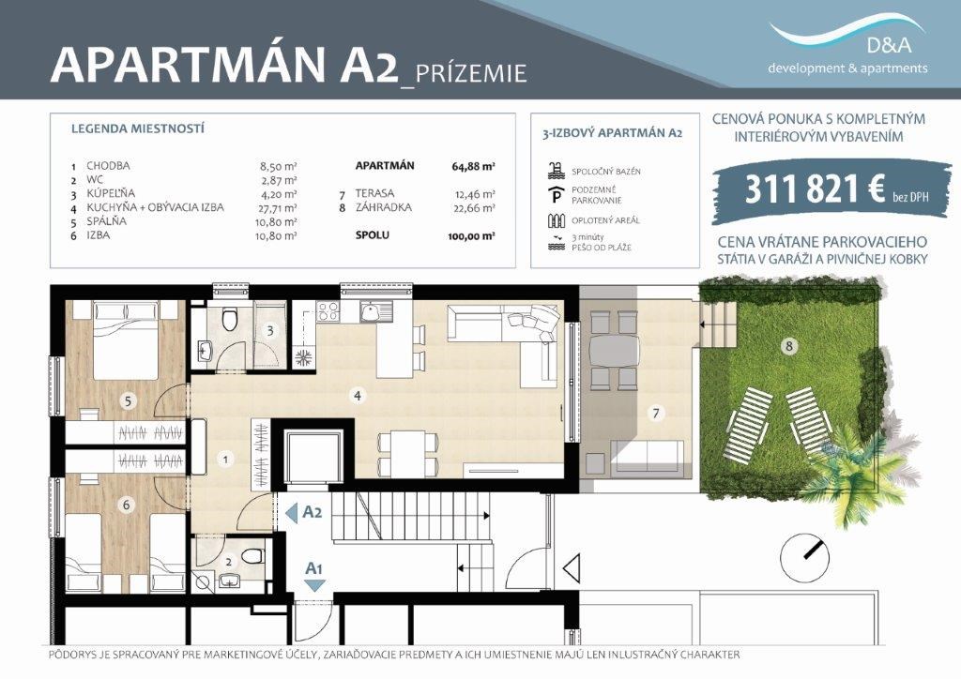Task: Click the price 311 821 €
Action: [x=814, y=189]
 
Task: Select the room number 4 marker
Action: [x=358, y=396]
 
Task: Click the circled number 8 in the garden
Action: [x=788, y=347]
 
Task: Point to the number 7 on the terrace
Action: [x=656, y=414]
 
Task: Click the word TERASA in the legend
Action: [x=374, y=193]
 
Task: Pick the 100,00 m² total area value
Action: [x=471, y=236]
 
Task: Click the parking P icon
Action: [x=556, y=195]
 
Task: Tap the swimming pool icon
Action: [x=556, y=171]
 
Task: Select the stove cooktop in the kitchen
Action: [x=328, y=312]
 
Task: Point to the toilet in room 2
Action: [x=252, y=556]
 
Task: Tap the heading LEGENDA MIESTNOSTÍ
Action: [x=138, y=129]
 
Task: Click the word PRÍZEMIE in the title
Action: [x=471, y=73]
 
